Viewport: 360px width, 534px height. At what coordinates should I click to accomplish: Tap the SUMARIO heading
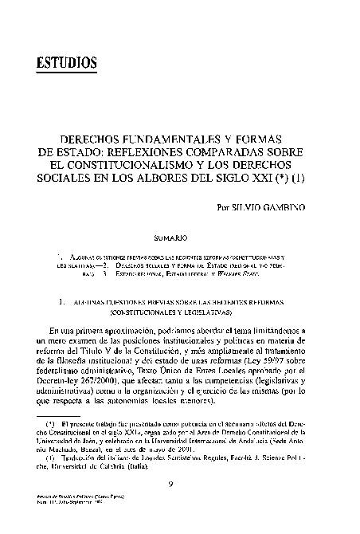[170, 237]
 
